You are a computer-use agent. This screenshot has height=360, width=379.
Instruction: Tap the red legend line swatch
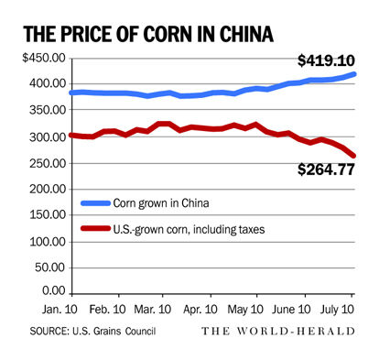(101, 230)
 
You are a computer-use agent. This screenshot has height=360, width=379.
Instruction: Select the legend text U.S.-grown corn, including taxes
(211, 230)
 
